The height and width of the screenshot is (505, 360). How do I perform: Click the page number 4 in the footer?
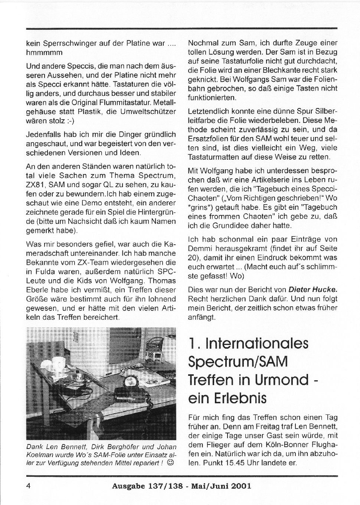[28, 486]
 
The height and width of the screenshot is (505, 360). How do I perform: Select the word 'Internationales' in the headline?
[257, 343]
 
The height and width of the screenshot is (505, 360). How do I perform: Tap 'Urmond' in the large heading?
[282, 379]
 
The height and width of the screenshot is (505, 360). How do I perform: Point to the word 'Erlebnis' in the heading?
[242, 398]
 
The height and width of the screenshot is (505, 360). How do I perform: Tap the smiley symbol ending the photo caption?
[170, 462]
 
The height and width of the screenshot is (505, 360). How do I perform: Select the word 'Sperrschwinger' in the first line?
[68, 43]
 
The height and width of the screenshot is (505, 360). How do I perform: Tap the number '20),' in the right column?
[195, 257]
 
